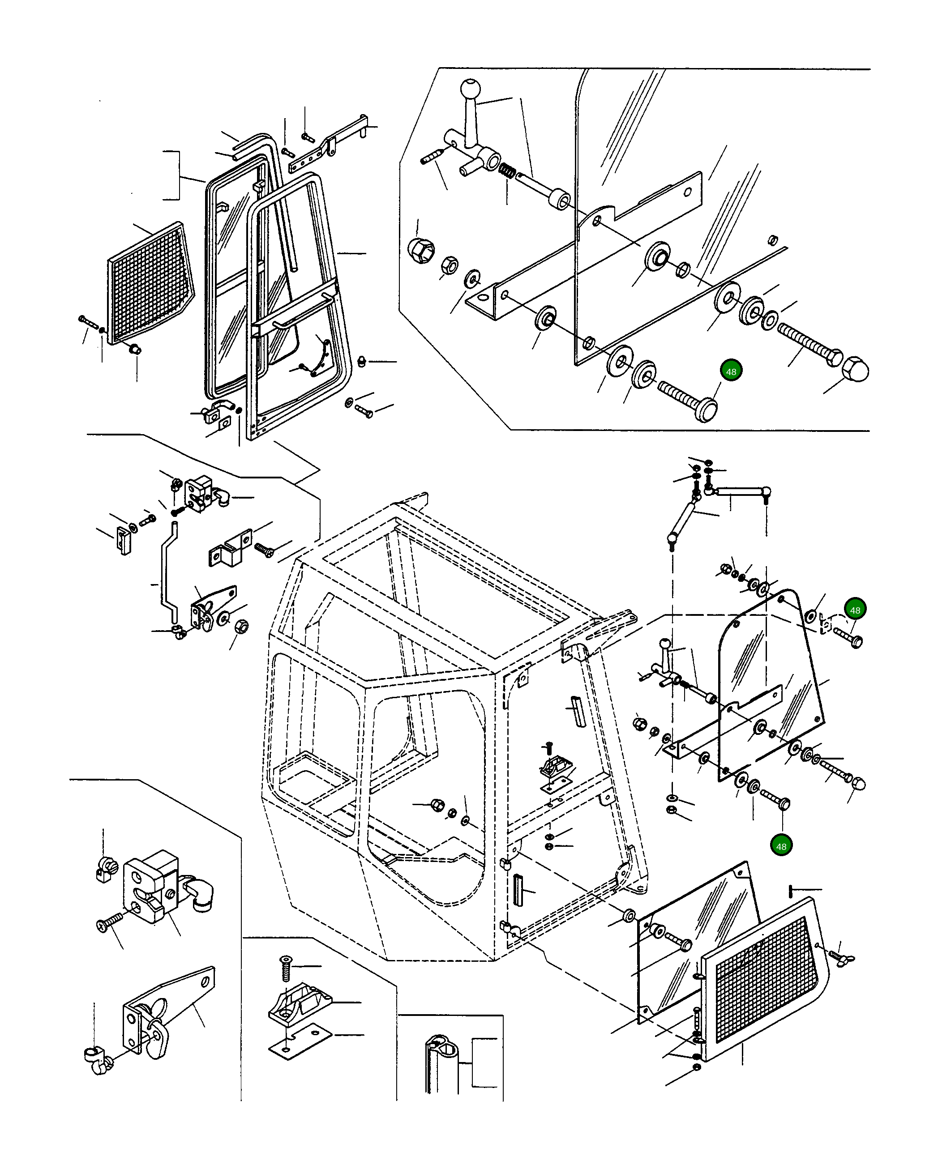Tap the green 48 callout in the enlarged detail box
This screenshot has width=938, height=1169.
(731, 371)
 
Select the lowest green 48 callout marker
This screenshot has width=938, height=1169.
(781, 846)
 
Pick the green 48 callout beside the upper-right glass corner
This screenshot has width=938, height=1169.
(855, 610)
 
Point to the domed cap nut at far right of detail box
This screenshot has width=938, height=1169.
(855, 369)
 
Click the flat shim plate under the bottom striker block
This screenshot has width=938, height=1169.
(300, 1041)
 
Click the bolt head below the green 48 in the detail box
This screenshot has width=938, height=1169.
(706, 408)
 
